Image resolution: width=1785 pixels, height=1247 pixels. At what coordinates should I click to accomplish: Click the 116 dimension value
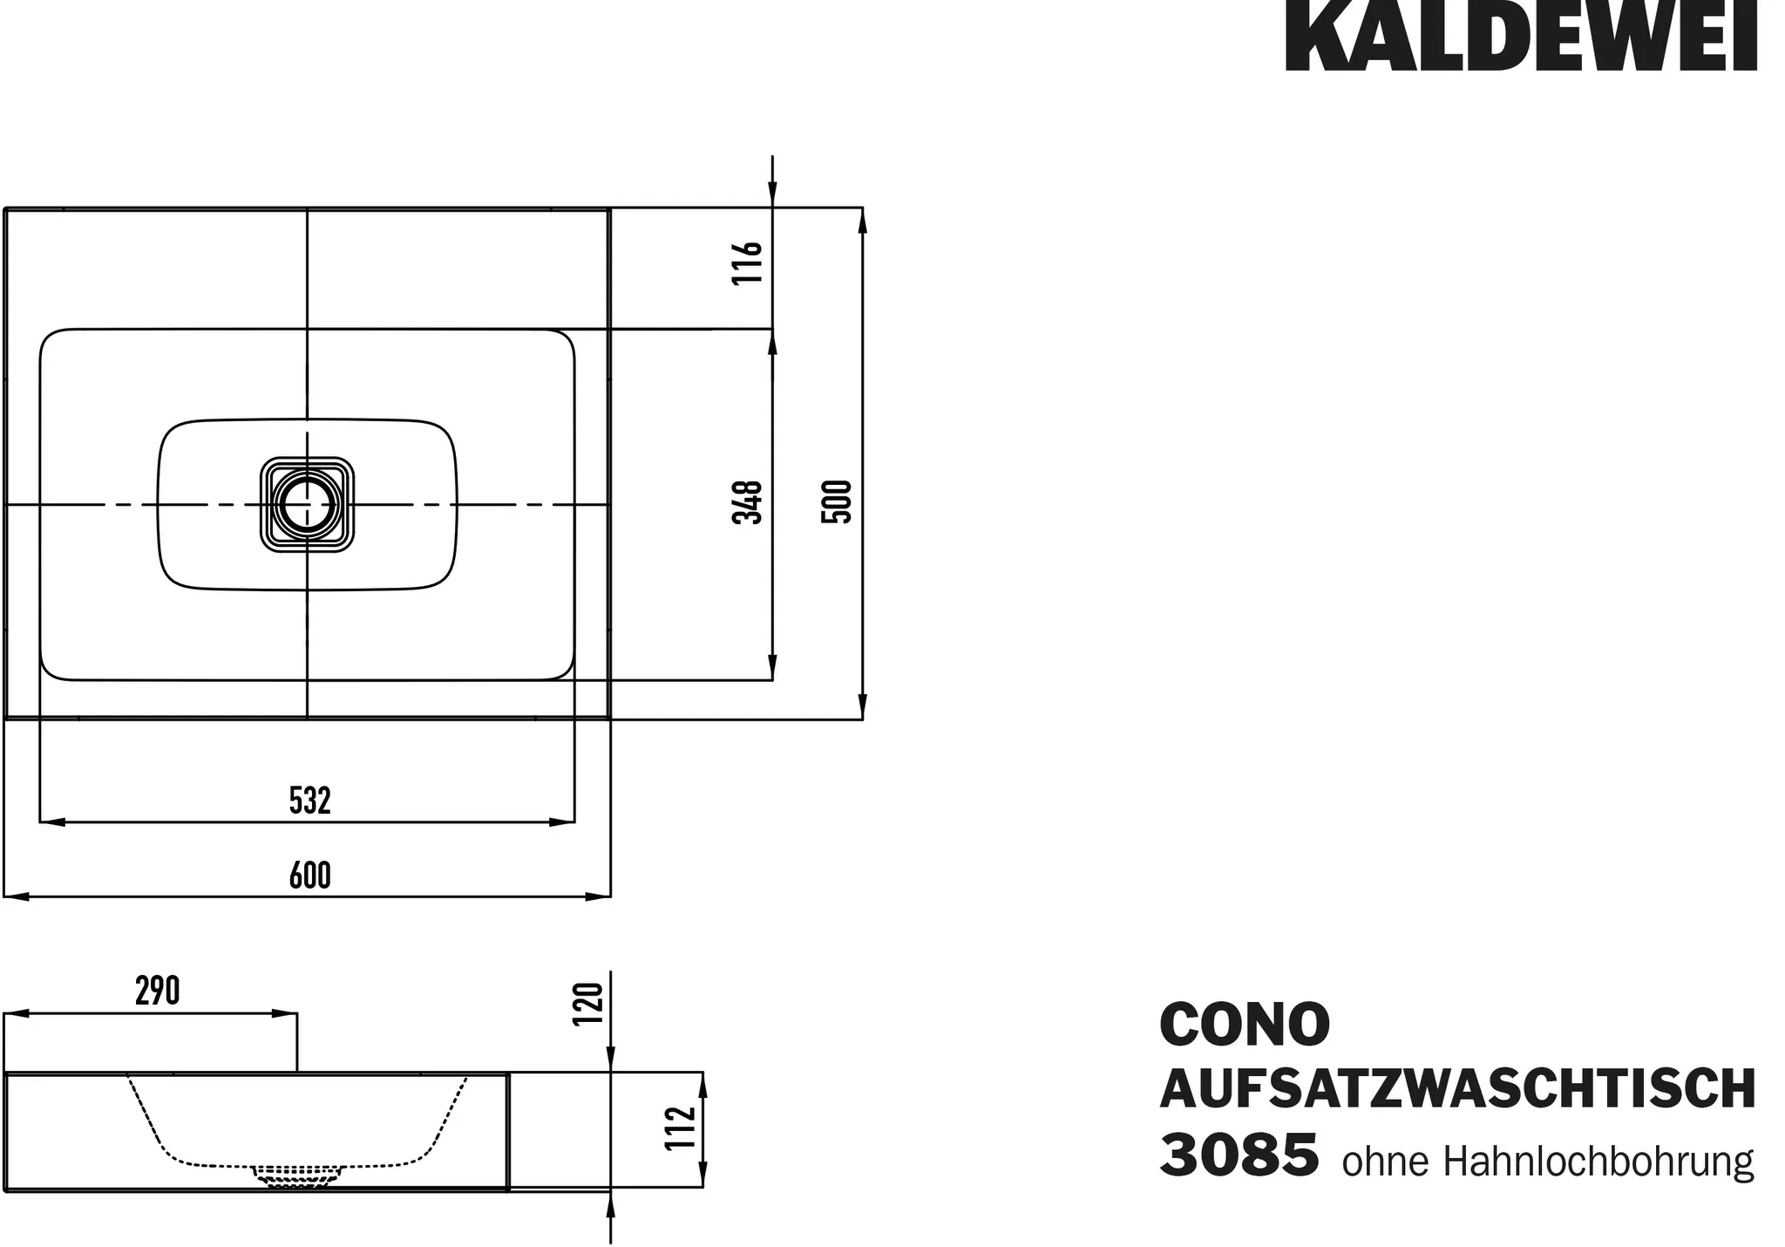(748, 262)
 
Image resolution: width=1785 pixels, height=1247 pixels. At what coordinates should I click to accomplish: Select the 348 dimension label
(748, 501)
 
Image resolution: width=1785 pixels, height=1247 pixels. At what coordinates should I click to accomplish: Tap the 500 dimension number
(837, 501)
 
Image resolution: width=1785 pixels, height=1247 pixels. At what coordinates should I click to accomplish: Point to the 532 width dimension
(310, 801)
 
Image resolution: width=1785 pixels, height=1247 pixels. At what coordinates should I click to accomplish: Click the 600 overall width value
(310, 876)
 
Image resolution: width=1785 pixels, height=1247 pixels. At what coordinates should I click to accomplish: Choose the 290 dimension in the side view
(158, 991)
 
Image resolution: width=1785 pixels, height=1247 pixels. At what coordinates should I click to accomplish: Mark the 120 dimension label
(589, 1005)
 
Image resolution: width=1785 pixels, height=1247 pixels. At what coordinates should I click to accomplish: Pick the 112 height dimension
(682, 1128)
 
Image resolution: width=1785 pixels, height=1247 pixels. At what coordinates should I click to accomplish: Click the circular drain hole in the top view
(306, 505)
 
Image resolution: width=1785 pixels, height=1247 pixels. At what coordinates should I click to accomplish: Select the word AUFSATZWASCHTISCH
(1457, 1089)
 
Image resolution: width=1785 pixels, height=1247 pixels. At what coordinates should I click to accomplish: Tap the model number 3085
(1239, 1155)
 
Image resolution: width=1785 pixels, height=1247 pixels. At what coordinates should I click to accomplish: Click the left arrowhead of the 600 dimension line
(16, 896)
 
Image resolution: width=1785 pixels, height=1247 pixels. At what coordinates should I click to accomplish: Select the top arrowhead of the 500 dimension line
(862, 221)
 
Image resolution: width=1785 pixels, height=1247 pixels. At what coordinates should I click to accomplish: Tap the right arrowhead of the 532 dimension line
(562, 821)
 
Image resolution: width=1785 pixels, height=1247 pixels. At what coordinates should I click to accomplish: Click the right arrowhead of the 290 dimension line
(285, 1014)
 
